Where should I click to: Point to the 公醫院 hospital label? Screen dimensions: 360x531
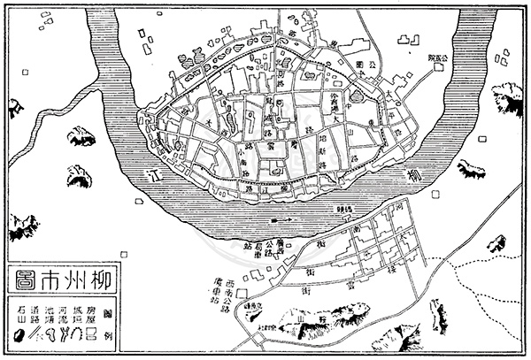coord(438,57)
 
